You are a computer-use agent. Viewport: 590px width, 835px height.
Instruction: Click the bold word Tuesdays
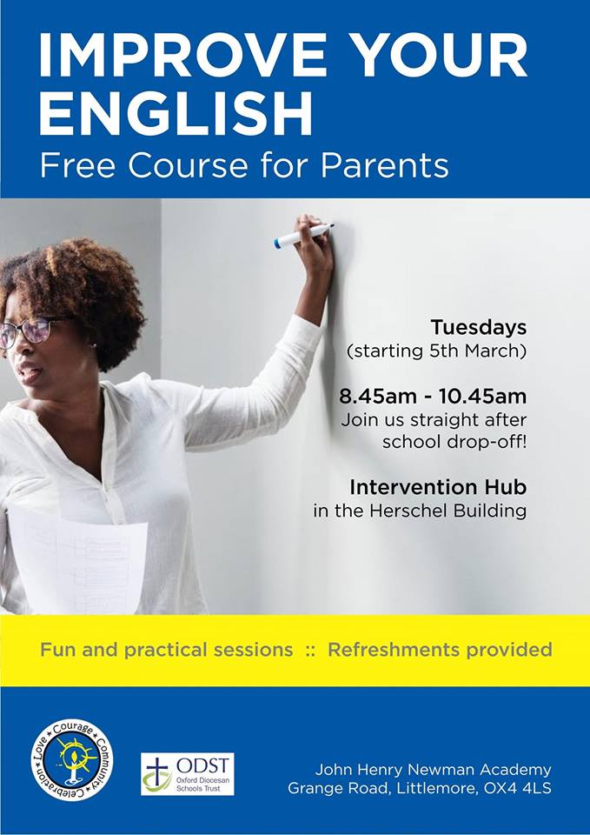point(478,328)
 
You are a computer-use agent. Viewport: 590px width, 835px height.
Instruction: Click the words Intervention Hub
point(438,486)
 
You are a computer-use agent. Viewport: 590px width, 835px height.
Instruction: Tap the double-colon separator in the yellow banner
point(310,651)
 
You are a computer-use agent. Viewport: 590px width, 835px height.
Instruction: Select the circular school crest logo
point(72,759)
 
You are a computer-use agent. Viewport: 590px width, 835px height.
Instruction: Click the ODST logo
point(187,774)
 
